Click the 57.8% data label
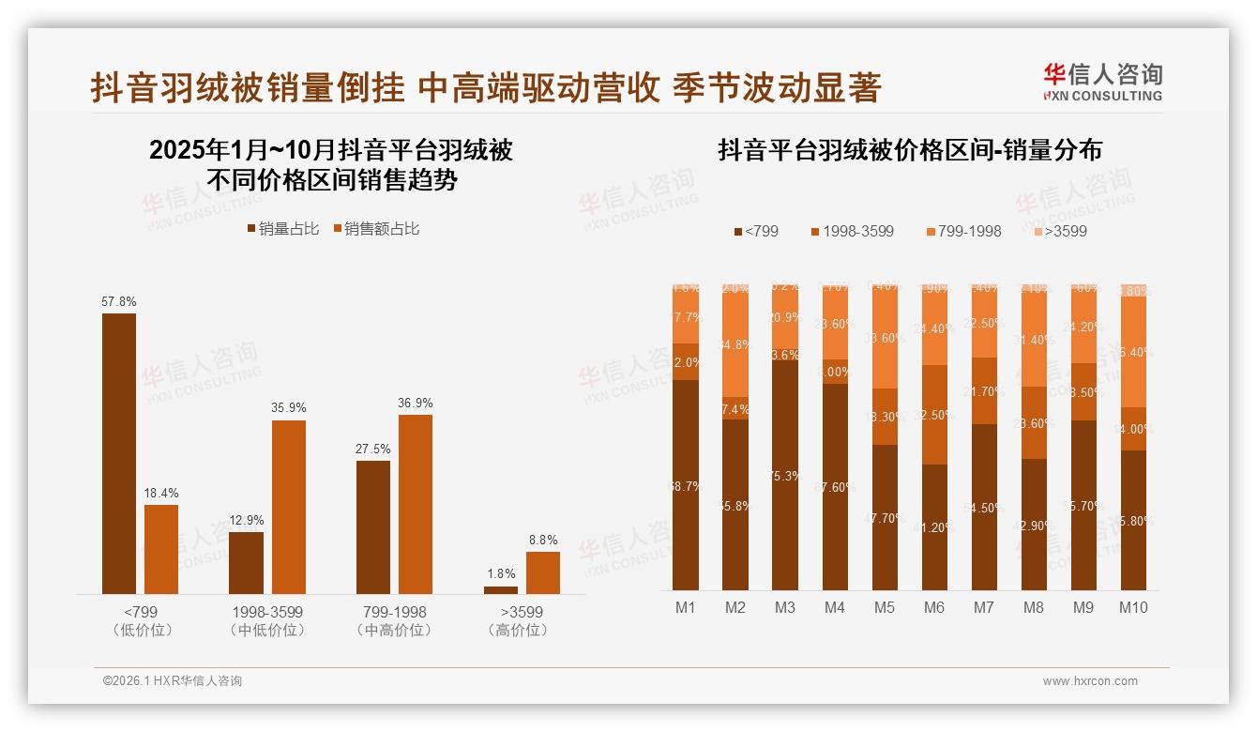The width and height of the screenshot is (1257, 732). point(119,301)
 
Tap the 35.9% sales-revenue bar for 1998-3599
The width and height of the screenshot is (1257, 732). point(289,507)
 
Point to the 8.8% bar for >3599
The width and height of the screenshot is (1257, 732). point(542,572)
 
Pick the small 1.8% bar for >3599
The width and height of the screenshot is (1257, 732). point(501,590)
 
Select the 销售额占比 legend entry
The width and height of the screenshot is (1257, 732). point(376,229)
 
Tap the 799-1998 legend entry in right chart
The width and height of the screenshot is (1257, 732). point(962,231)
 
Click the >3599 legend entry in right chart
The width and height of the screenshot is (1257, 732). point(1060,231)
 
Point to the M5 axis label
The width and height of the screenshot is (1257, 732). point(885,607)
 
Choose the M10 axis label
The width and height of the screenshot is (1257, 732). point(1133,607)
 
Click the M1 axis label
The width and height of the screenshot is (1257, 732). point(686,607)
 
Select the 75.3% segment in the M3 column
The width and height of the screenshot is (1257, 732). point(785,475)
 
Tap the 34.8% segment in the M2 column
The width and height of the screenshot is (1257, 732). point(735,344)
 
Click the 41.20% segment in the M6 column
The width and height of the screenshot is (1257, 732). point(934,526)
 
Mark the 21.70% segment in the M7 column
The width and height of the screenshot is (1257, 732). point(984,391)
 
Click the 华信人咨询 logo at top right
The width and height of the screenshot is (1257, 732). point(1102,81)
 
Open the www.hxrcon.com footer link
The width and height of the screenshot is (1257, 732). point(1090,681)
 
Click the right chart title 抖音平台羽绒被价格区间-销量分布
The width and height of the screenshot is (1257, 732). point(910,150)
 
